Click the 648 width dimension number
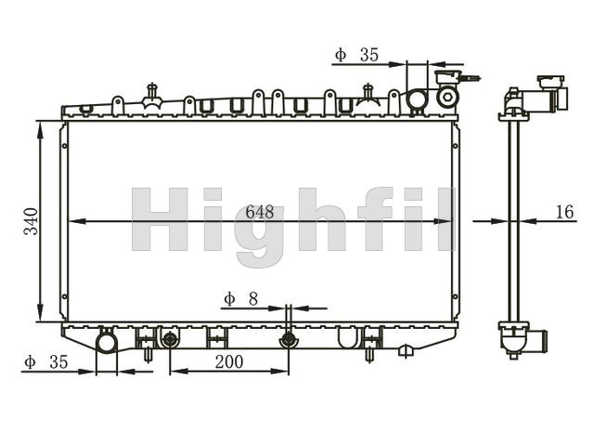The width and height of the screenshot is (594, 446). click(260, 212)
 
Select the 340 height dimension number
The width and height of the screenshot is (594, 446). click(31, 221)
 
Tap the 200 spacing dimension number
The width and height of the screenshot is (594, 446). click(229, 361)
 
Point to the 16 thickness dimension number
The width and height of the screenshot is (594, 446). click(565, 212)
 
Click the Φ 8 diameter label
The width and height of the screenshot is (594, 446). click(241, 299)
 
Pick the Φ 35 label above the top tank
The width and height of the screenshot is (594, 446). click(356, 55)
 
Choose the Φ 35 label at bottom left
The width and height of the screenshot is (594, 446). click(45, 362)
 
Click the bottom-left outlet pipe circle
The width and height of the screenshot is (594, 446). click(107, 343)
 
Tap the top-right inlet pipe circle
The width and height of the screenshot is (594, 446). click(417, 99)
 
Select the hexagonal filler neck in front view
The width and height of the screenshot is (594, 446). click(447, 97)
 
